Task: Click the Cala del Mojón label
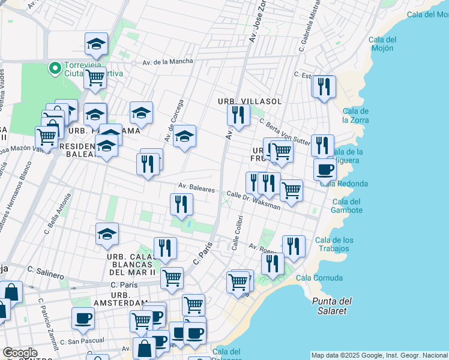[382, 43]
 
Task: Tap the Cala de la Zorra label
[355, 115]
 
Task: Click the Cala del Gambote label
[347, 206]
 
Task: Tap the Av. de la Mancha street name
[168, 61]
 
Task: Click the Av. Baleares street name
[196, 188]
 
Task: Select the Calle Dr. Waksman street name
[253, 200]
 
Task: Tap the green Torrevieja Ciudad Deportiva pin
[55, 68]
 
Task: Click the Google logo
[20, 353]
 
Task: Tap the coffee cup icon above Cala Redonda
[325, 170]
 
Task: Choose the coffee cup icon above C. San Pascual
[83, 318]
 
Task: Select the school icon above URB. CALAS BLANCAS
[107, 234]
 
